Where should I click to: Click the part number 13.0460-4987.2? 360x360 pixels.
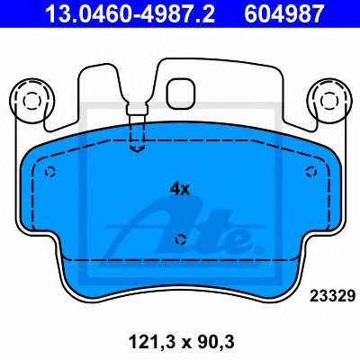130,13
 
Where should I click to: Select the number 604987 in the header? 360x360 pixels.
284,13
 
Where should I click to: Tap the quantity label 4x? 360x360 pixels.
180,189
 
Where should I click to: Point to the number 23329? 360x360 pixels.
332,296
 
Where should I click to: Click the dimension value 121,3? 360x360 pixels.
148,342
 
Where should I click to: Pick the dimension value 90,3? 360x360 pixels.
215,342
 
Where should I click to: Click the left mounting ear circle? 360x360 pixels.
31,101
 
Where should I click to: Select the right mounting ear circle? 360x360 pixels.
330,101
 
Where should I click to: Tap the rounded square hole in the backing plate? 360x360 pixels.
181,94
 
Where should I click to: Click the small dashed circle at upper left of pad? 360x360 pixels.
50,172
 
